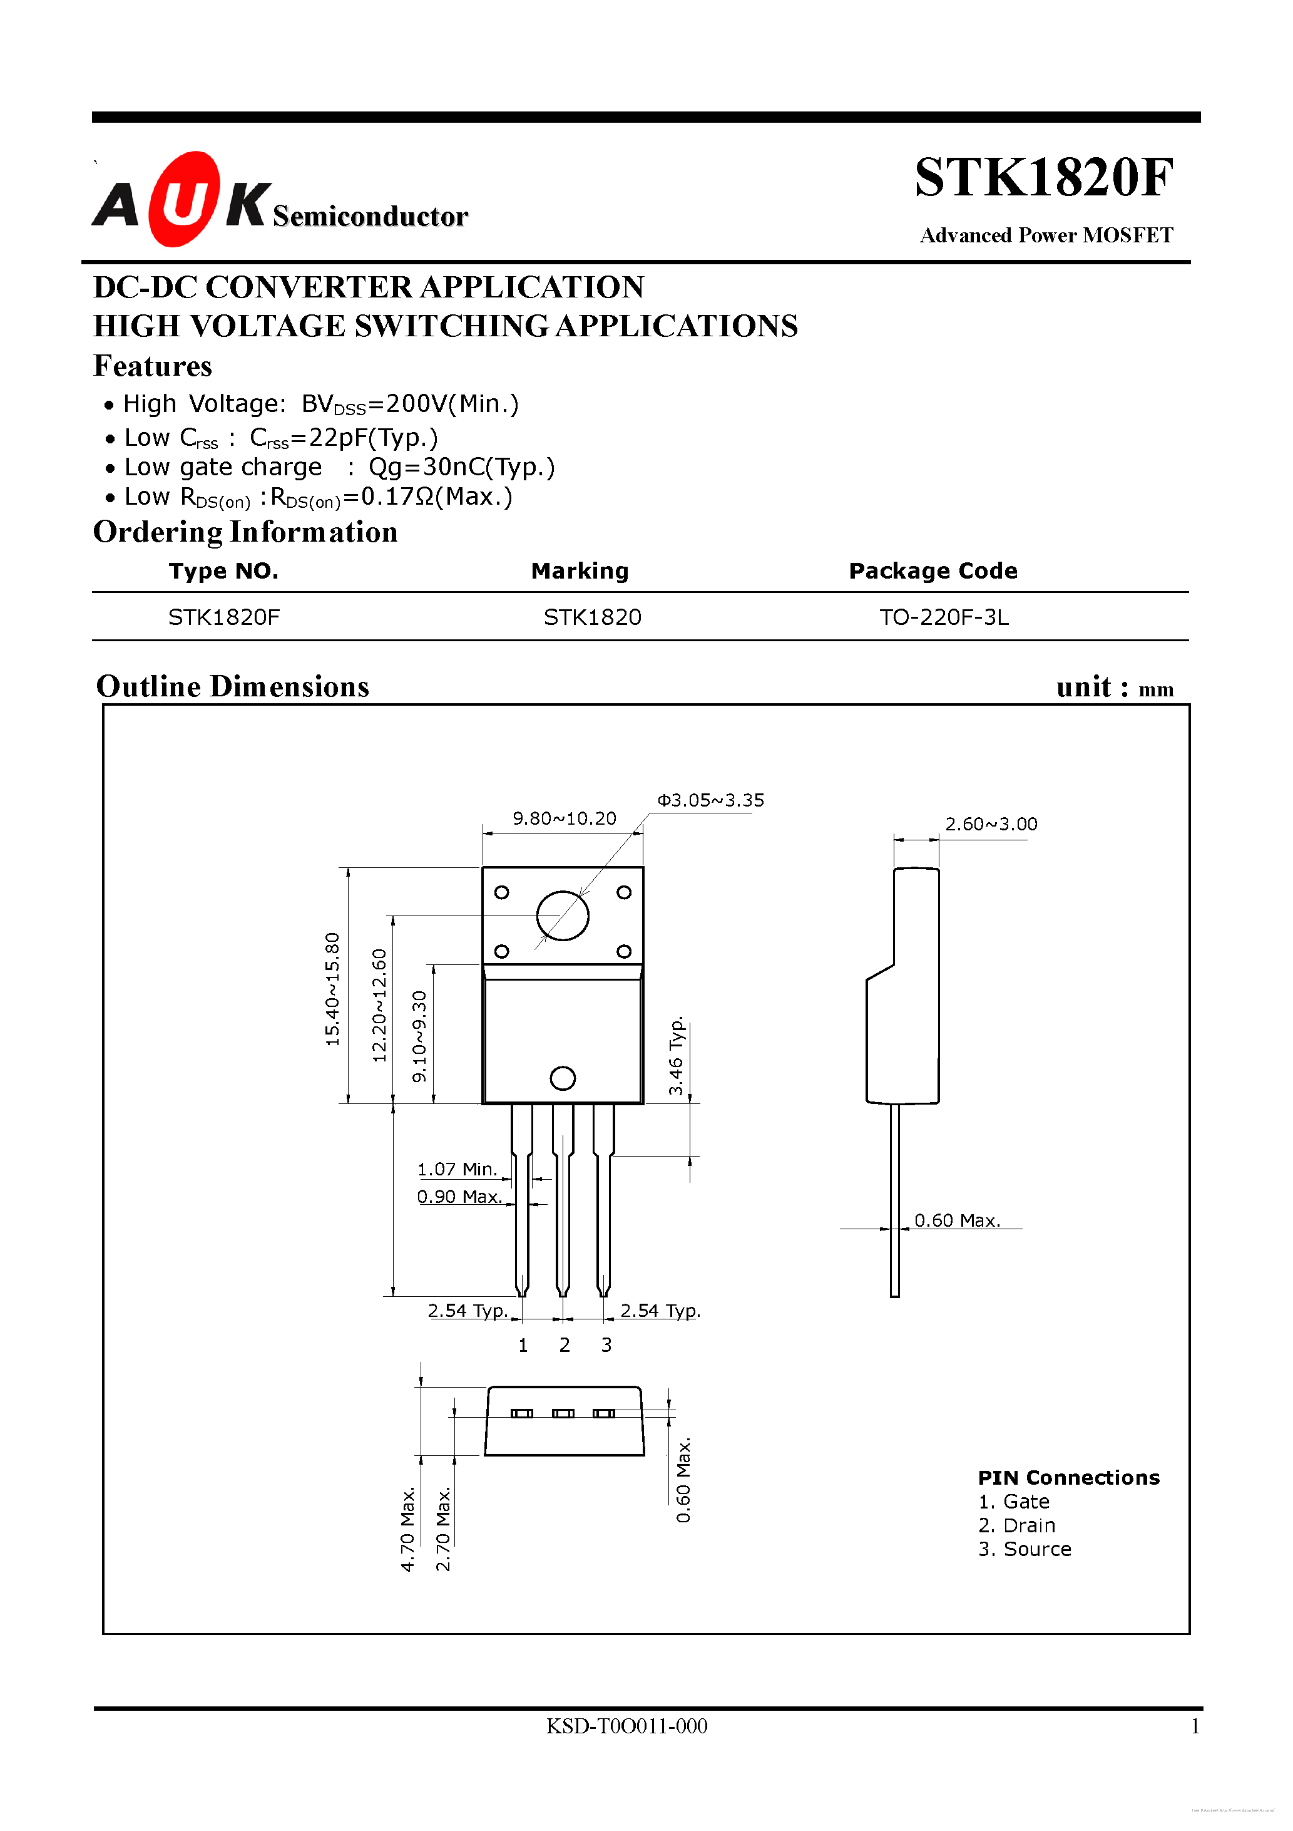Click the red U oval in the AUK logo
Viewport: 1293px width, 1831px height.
[x=183, y=199]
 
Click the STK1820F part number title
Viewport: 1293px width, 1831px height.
[x=1043, y=178]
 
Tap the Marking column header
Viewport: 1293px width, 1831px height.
[x=580, y=571]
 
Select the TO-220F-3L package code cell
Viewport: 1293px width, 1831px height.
[x=944, y=617]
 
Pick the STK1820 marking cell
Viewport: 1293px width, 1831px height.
[x=592, y=617]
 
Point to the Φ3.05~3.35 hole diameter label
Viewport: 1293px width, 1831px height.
[x=710, y=800]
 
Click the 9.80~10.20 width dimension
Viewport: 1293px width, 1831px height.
[x=565, y=818]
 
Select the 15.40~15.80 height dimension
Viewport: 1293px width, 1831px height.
[x=332, y=989]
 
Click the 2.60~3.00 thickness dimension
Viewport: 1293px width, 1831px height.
[x=991, y=824]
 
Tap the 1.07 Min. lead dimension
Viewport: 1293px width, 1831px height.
[x=457, y=1169]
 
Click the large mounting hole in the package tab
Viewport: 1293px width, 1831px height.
[x=563, y=916]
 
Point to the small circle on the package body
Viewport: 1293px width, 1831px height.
[x=563, y=1078]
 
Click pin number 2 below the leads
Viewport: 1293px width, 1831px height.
[x=565, y=1345]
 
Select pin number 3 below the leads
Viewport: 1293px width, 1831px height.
[x=606, y=1345]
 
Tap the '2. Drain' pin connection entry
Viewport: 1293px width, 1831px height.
[x=1016, y=1525]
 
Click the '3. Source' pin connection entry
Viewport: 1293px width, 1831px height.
[x=1025, y=1549]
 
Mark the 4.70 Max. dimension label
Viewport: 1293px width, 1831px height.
[x=408, y=1529]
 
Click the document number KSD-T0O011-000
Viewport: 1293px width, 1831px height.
[x=626, y=1726]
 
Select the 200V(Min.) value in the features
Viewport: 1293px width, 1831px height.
[x=452, y=405]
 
